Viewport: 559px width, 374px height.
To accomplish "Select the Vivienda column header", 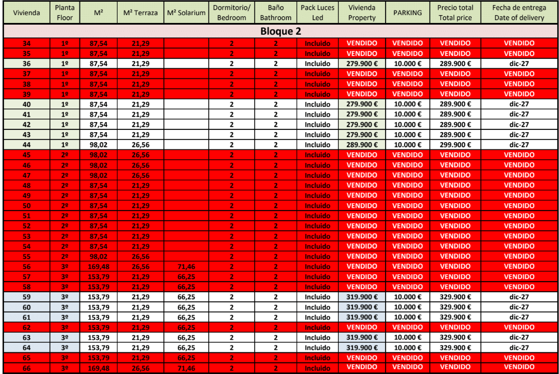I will (26, 12).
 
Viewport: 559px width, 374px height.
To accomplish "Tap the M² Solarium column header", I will (186, 12).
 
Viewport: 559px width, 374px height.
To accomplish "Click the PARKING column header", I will (407, 12).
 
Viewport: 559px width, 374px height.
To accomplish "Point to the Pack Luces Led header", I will (317, 12).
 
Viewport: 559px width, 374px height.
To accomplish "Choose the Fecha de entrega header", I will (519, 12).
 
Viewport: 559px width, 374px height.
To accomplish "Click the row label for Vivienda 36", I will (26, 64).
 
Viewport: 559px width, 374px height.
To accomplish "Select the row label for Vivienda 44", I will (26, 145).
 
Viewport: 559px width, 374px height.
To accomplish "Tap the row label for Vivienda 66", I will (26, 368).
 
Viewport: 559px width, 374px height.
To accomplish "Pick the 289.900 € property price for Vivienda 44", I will (362, 145).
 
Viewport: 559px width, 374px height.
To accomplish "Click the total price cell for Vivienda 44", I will (455, 145).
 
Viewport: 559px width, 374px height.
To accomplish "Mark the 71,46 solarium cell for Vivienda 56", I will (186, 267).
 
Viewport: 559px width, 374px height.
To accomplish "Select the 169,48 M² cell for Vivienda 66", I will (99, 368).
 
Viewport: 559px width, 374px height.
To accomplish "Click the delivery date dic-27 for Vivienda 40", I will (519, 104).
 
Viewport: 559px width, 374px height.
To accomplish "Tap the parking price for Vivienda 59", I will (407, 297).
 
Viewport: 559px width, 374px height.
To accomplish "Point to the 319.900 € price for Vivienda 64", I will (362, 348).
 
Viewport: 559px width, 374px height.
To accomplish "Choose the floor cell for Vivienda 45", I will (65, 155).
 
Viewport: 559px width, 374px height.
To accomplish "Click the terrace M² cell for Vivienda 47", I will (140, 175).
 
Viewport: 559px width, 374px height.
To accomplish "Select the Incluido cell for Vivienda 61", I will (317, 317).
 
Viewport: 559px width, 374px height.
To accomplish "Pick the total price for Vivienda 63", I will (455, 338).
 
